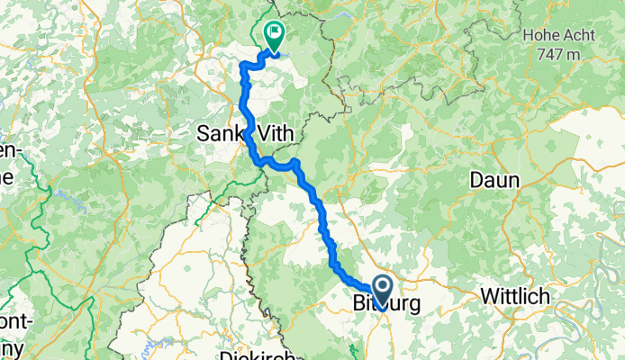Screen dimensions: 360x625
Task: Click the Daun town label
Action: coord(494,180)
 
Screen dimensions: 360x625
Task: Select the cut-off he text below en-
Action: coord(7,175)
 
